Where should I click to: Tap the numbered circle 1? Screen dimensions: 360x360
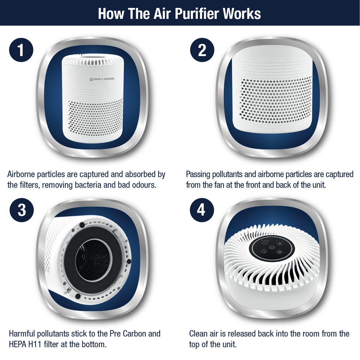[x=21, y=50]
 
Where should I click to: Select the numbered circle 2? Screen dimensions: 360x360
[x=202, y=50]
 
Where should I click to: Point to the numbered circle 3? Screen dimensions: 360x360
[x=22, y=210]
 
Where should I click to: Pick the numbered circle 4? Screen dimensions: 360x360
[x=202, y=210]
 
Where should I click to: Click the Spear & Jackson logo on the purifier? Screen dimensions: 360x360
[x=102, y=79]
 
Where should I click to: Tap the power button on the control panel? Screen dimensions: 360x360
[x=271, y=248]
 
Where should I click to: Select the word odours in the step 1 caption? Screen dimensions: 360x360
[x=144, y=185]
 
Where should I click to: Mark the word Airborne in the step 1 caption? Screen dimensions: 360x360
[x=21, y=175]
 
